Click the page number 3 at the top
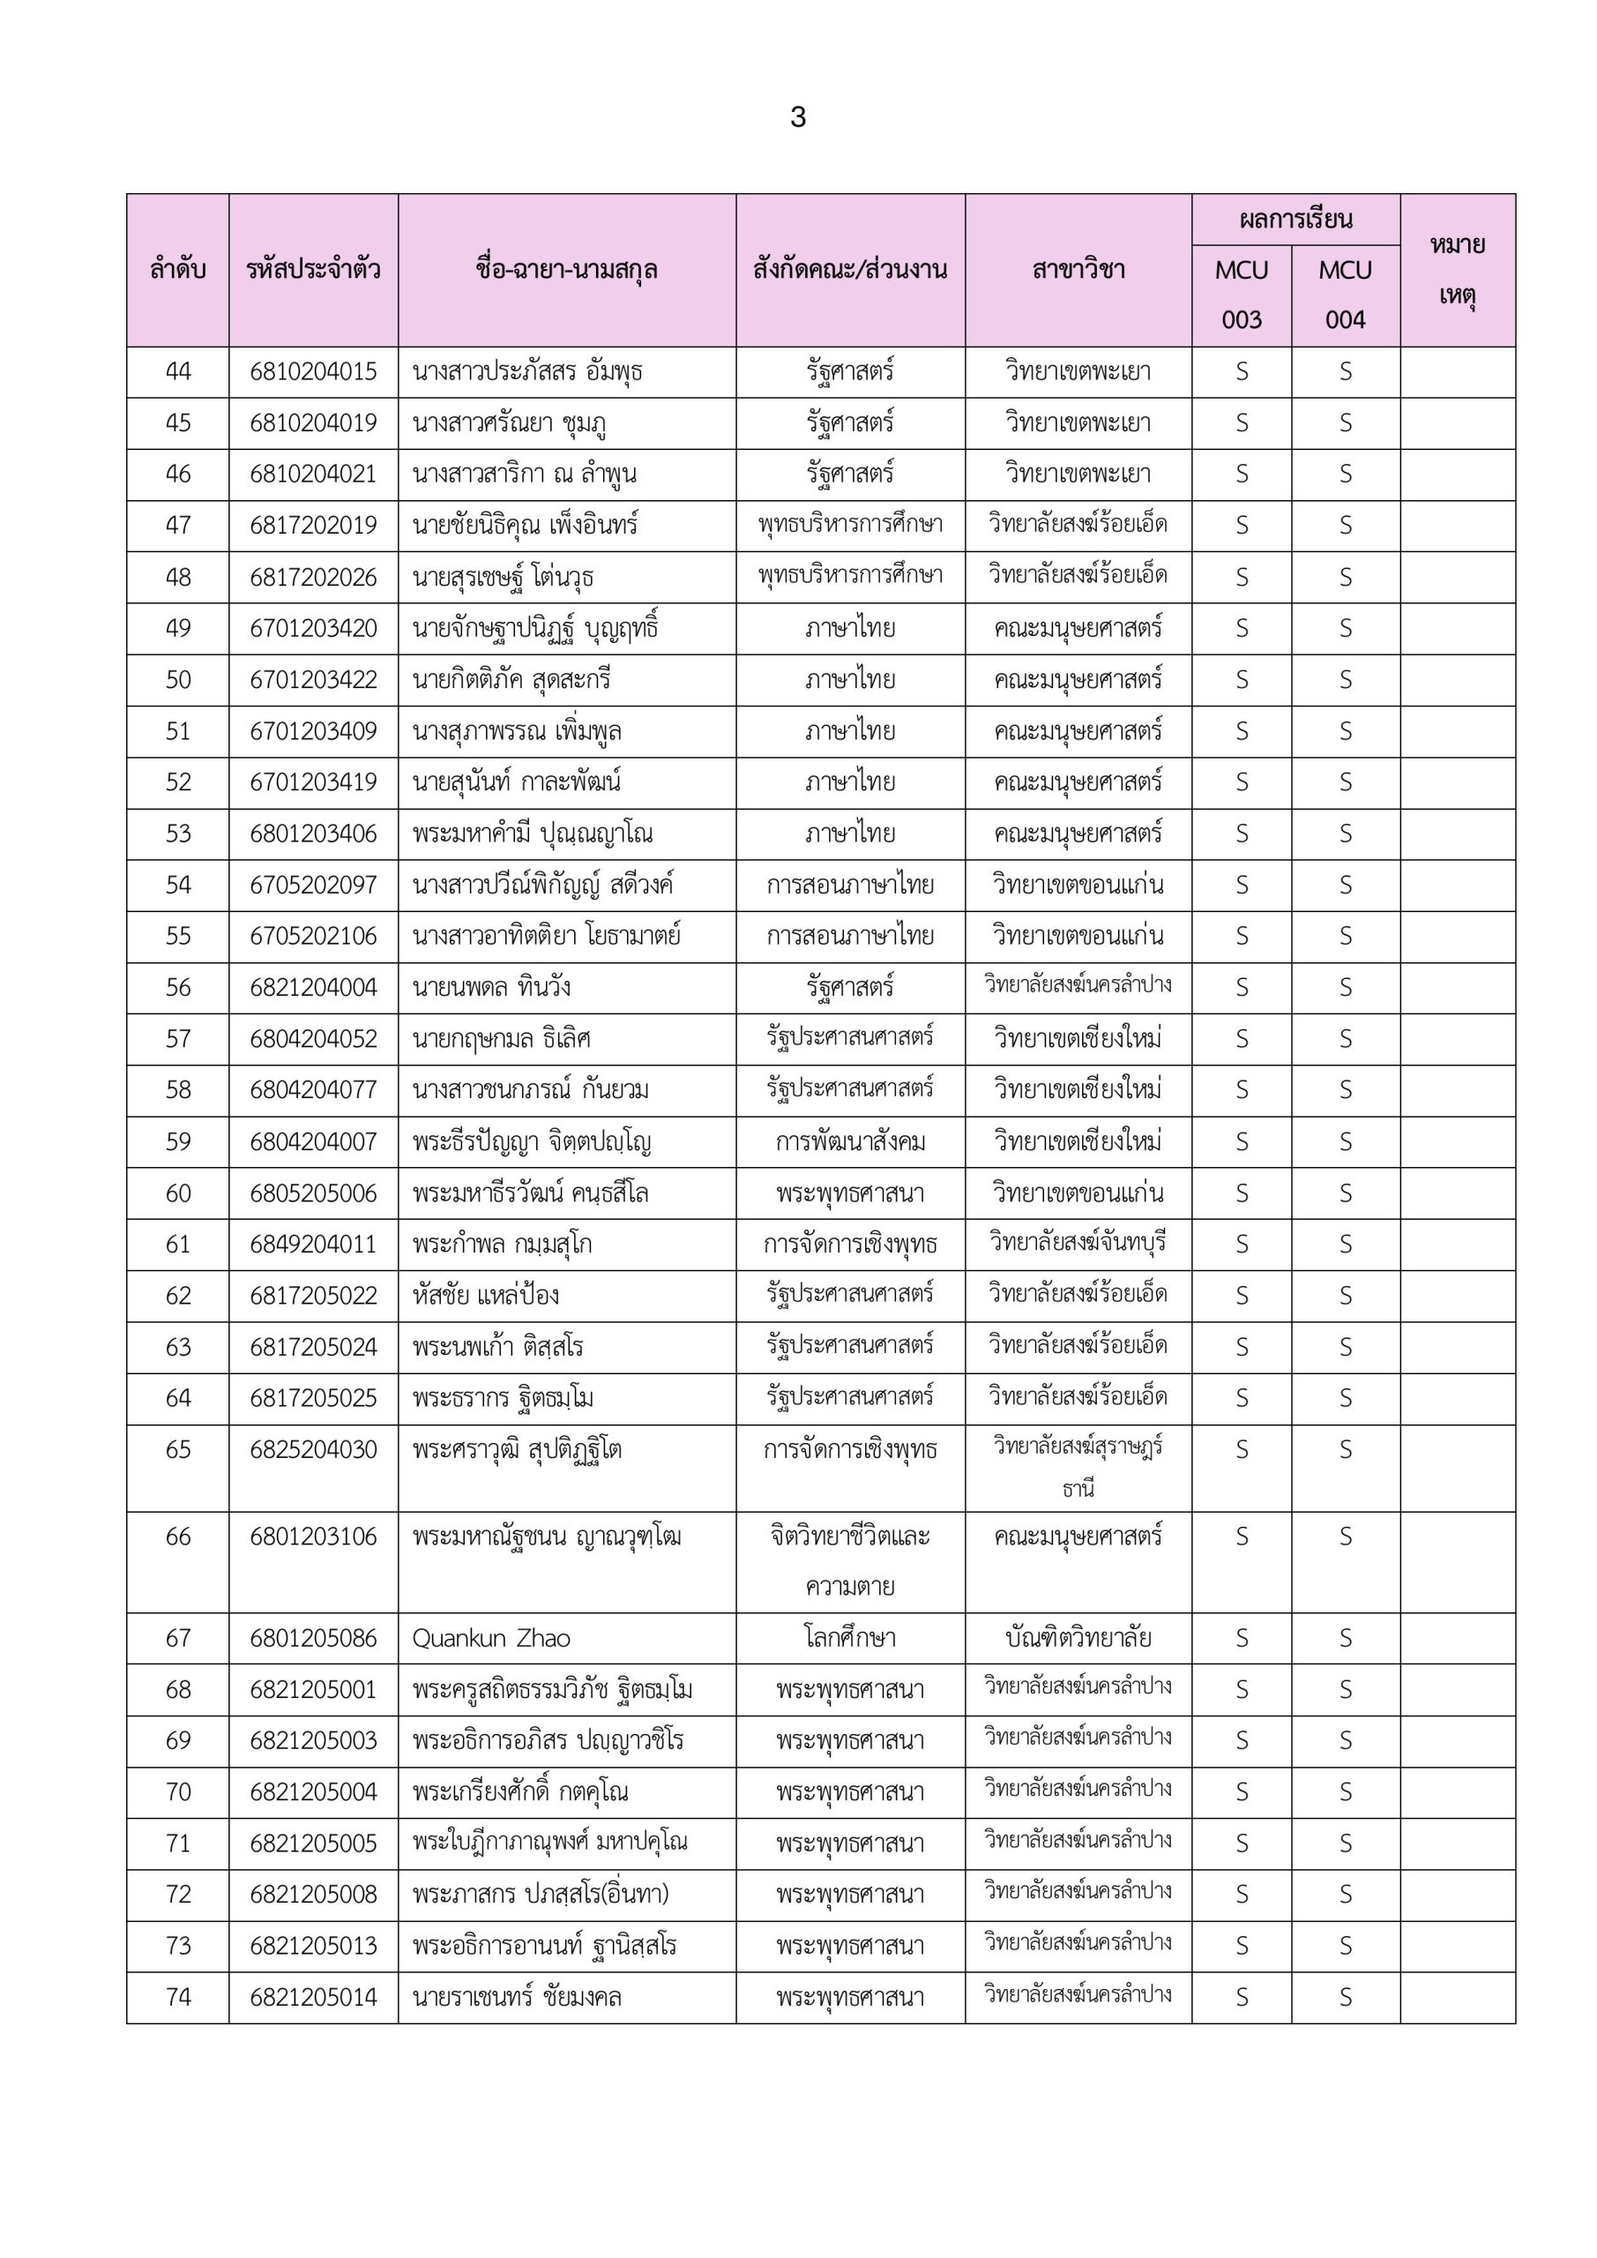[797, 118]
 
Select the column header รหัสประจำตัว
[313, 270]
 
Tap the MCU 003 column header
[1241, 294]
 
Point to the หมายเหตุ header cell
[1458, 270]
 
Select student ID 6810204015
[313, 371]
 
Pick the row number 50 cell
[178, 679]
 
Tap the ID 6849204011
[313, 1244]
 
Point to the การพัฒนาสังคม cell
[849, 1141]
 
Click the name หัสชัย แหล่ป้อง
[486, 1295]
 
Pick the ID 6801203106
[313, 1537]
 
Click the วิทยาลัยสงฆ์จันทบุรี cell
[1078, 1243]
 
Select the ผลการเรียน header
[1295, 220]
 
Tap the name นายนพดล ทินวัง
[492, 987]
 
